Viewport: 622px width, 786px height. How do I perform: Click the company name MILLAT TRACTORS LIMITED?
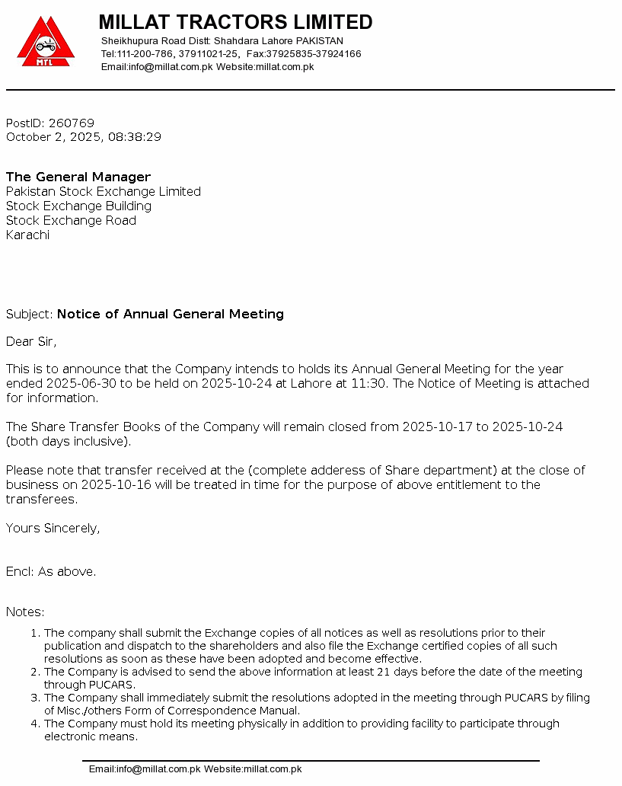[235, 21]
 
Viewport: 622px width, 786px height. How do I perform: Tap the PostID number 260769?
[71, 123]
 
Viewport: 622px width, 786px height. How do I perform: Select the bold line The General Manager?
[78, 177]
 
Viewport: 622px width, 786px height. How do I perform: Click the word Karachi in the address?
[27, 235]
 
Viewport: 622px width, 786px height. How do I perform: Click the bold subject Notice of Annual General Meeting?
[171, 315]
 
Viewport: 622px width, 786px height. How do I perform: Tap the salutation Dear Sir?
[31, 342]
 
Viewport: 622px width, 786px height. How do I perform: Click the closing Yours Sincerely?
[53, 529]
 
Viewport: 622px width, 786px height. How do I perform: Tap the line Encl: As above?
[51, 572]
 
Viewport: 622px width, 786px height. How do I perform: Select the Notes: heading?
[25, 612]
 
